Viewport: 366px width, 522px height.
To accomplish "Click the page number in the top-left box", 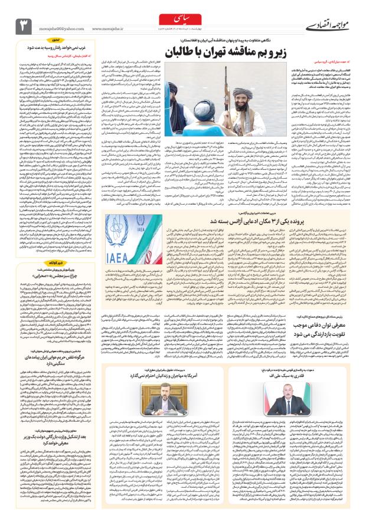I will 24,25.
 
